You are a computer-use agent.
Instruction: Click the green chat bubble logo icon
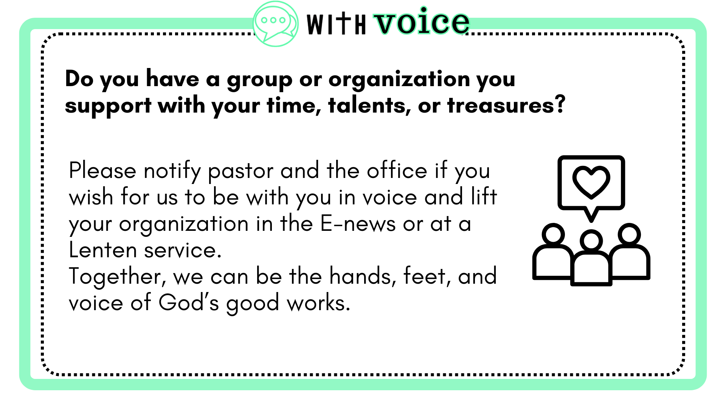pyautogui.click(x=275, y=24)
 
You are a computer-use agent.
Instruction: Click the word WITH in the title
pyautogui.click(x=336, y=23)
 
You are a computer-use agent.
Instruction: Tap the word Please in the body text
pyautogui.click(x=102, y=171)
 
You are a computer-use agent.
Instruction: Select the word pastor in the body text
pyautogui.click(x=240, y=172)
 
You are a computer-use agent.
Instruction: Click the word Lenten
pyautogui.click(x=103, y=250)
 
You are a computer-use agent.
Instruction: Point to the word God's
pyautogui.click(x=189, y=303)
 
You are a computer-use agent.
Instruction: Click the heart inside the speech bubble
pyautogui.click(x=591, y=182)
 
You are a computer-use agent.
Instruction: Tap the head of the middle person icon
pyautogui.click(x=591, y=241)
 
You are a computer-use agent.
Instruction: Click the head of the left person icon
pyautogui.click(x=553, y=235)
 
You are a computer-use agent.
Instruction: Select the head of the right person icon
pyautogui.click(x=629, y=235)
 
